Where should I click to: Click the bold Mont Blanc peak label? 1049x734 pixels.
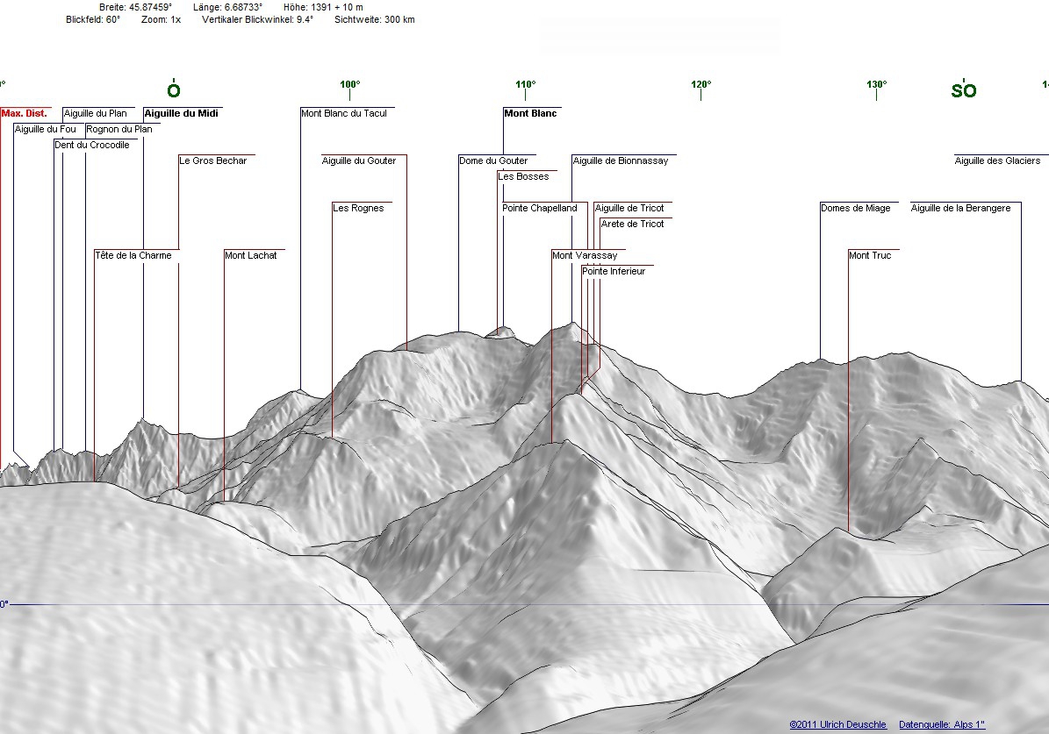(530, 114)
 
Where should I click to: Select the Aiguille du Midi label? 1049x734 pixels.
(182, 114)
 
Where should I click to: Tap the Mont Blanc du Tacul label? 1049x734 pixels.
(344, 114)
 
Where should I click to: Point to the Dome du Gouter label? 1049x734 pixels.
(493, 161)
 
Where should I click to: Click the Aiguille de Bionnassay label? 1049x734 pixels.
(620, 161)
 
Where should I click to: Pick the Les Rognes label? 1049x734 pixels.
(358, 209)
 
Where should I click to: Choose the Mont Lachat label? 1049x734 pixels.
(250, 255)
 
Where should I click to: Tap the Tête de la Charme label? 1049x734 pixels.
(133, 255)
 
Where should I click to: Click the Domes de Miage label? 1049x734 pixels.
(856, 209)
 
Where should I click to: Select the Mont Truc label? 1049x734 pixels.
(870, 255)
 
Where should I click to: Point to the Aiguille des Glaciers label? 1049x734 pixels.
(997, 161)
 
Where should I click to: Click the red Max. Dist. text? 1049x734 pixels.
(24, 114)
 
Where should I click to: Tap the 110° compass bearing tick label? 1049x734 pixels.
(526, 84)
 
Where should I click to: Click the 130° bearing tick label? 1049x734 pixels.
(876, 84)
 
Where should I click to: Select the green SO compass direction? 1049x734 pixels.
(964, 90)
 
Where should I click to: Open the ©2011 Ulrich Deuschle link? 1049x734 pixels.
(837, 724)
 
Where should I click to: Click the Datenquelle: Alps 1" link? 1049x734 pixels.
(942, 724)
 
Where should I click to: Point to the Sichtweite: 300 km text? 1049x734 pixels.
(375, 20)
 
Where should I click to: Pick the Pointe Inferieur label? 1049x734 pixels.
(614, 271)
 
